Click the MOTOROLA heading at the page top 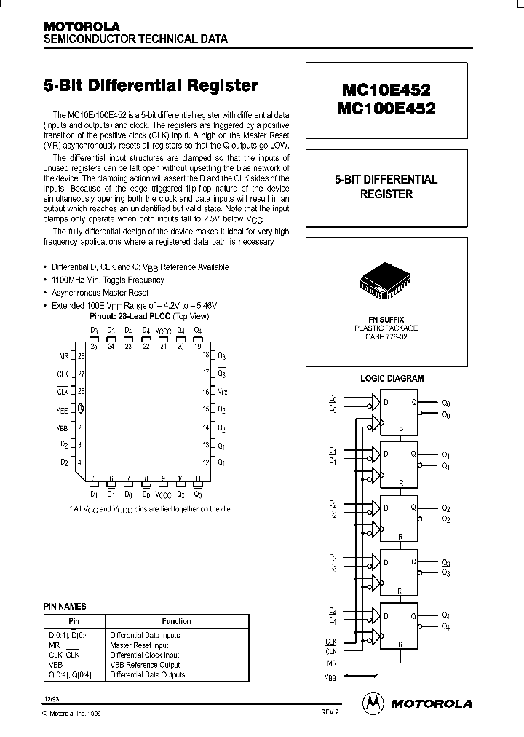pos(81,26)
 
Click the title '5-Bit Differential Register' pos(151,86)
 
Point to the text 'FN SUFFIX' pos(386,319)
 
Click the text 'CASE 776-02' pos(386,336)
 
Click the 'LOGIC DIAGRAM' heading pos(392,378)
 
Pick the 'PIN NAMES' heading pos(65,606)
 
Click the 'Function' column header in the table pos(177,621)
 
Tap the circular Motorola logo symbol pos(373,703)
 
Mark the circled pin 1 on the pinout pos(82,409)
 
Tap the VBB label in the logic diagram pos(331,677)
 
